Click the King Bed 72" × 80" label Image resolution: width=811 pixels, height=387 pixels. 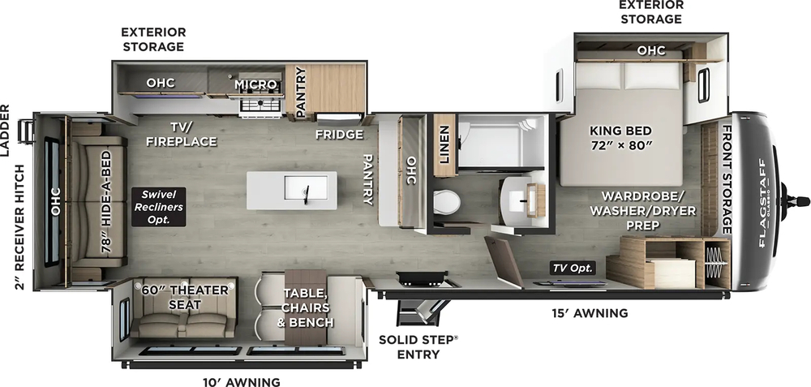[620, 139]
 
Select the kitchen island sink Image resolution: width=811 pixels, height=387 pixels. [306, 191]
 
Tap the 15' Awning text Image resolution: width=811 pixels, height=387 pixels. [590, 312]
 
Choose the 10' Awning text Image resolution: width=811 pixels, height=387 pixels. [241, 381]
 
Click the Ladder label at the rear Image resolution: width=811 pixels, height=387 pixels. [6, 131]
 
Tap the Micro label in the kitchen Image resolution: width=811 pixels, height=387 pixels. [255, 84]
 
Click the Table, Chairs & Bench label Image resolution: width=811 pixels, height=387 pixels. [307, 307]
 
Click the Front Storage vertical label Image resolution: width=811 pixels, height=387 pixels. [727, 178]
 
